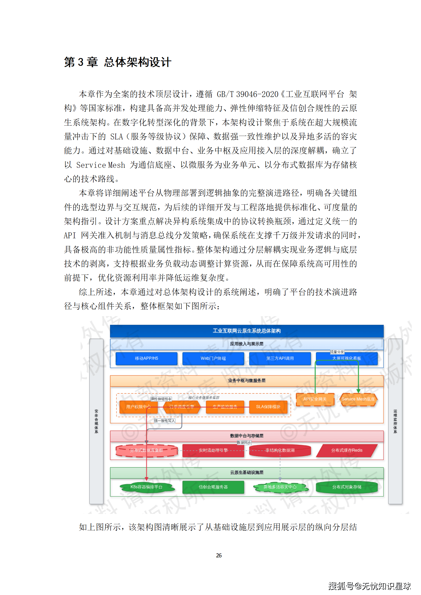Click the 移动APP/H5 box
pyautogui.click(x=146, y=358)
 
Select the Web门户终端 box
pyautogui.click(x=213, y=358)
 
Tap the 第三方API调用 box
pyautogui.click(x=280, y=358)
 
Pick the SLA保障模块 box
pyautogui.click(x=268, y=407)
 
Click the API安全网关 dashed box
pyautogui.click(x=315, y=399)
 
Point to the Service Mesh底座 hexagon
pyautogui.click(x=358, y=399)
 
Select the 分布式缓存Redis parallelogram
pyautogui.click(x=347, y=450)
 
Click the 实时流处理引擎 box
pyautogui.click(x=213, y=450)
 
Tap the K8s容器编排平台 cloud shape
pyautogui.click(x=146, y=487)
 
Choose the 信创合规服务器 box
pyautogui.click(x=213, y=487)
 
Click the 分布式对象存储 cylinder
pyautogui.click(x=347, y=487)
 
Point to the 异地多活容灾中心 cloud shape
pyautogui.click(x=280, y=487)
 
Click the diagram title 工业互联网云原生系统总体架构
pyautogui.click(x=247, y=331)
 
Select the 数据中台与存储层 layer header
pyautogui.click(x=247, y=436)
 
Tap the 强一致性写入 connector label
pyautogui.click(x=164, y=421)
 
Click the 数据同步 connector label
pyautogui.click(x=244, y=442)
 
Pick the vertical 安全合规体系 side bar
pyautogui.click(x=96, y=421)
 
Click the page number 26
pyautogui.click(x=219, y=555)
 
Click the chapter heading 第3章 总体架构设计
pyautogui.click(x=118, y=62)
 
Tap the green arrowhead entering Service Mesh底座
pyautogui.click(x=358, y=391)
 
